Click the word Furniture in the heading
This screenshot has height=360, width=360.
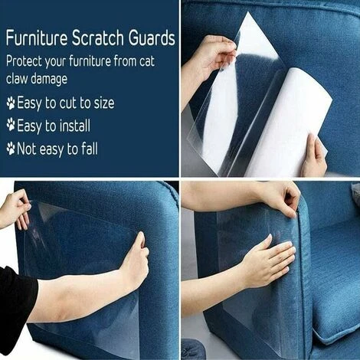coord(37,38)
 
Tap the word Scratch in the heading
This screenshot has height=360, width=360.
coord(98,38)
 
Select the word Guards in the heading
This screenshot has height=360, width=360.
coord(152,38)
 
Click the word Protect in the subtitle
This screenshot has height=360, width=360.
coord(24,62)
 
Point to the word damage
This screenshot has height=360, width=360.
coord(49,79)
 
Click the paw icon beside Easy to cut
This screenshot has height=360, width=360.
coord(11,103)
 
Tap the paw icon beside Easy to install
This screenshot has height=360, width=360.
coord(11,125)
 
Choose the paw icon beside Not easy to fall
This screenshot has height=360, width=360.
coord(11,149)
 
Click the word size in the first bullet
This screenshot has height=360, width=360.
coord(104,103)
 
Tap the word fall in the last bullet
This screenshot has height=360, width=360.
coord(90,149)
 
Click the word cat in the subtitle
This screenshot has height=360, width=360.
coord(147,62)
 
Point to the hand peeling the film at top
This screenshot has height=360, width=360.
coord(214,56)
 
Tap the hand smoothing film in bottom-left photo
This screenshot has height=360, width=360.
coord(136,258)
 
